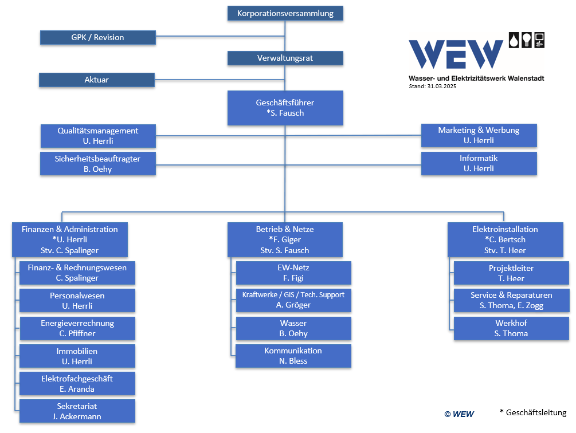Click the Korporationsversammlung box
click(x=285, y=13)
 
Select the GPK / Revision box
click(x=97, y=37)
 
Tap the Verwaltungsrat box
click(x=285, y=58)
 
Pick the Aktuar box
click(x=97, y=80)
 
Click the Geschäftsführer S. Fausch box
click(x=285, y=108)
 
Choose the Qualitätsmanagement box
click(x=98, y=136)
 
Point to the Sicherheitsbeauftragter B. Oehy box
click(x=97, y=164)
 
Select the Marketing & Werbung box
click(x=479, y=135)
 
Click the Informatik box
click(x=479, y=163)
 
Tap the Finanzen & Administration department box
click(x=70, y=239)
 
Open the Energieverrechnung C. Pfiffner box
click(x=77, y=328)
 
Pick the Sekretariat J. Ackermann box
click(x=77, y=411)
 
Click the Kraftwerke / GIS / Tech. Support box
click(x=293, y=300)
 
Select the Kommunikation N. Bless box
click(x=293, y=356)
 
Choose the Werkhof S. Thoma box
click(x=511, y=328)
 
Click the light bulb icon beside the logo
click(x=527, y=40)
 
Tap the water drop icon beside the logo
click(x=514, y=40)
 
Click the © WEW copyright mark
click(x=459, y=414)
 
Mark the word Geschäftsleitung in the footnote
click(x=536, y=412)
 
